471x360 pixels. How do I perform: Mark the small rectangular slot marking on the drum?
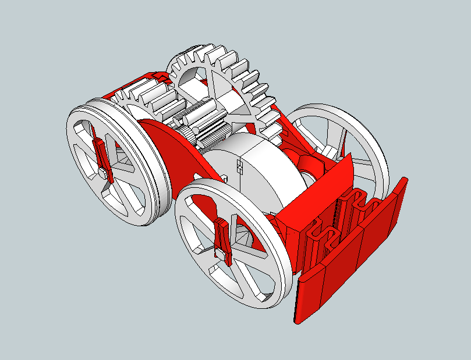click(239, 167)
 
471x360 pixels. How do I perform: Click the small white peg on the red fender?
click(223, 176)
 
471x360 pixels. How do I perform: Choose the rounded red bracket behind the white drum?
click(303, 163)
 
